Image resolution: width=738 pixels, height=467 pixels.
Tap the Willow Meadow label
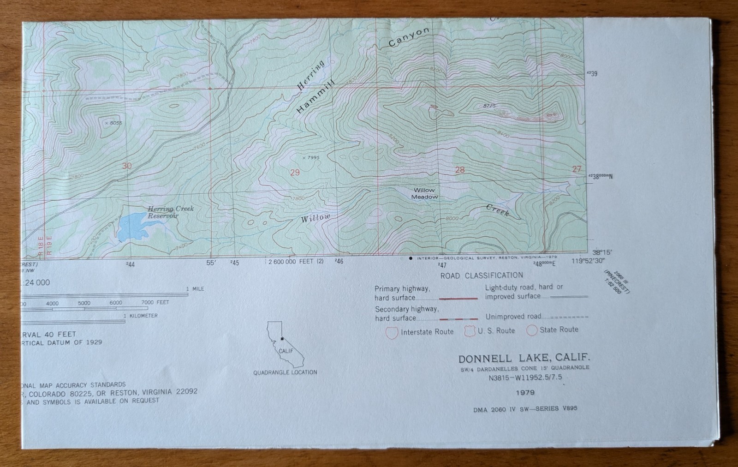[x=424, y=193]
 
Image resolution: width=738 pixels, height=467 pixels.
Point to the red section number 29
[x=295, y=173]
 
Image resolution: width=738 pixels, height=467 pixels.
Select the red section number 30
[x=127, y=166]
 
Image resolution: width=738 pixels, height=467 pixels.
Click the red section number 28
[x=460, y=170]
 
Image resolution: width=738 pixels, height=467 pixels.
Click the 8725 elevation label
[x=489, y=106]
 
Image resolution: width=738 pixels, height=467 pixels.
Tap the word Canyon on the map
[x=409, y=37]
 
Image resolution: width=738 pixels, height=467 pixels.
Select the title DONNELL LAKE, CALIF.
[x=524, y=358]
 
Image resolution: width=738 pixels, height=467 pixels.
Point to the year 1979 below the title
[x=525, y=392]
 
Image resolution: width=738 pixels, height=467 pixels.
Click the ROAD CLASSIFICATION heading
[x=482, y=275]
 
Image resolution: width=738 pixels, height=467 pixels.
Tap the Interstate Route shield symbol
[x=392, y=332]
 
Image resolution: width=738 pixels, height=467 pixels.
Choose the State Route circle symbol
[x=532, y=330]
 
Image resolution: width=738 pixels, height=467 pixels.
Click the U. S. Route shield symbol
[x=470, y=331]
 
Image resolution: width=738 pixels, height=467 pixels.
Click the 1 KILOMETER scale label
[x=141, y=316]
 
